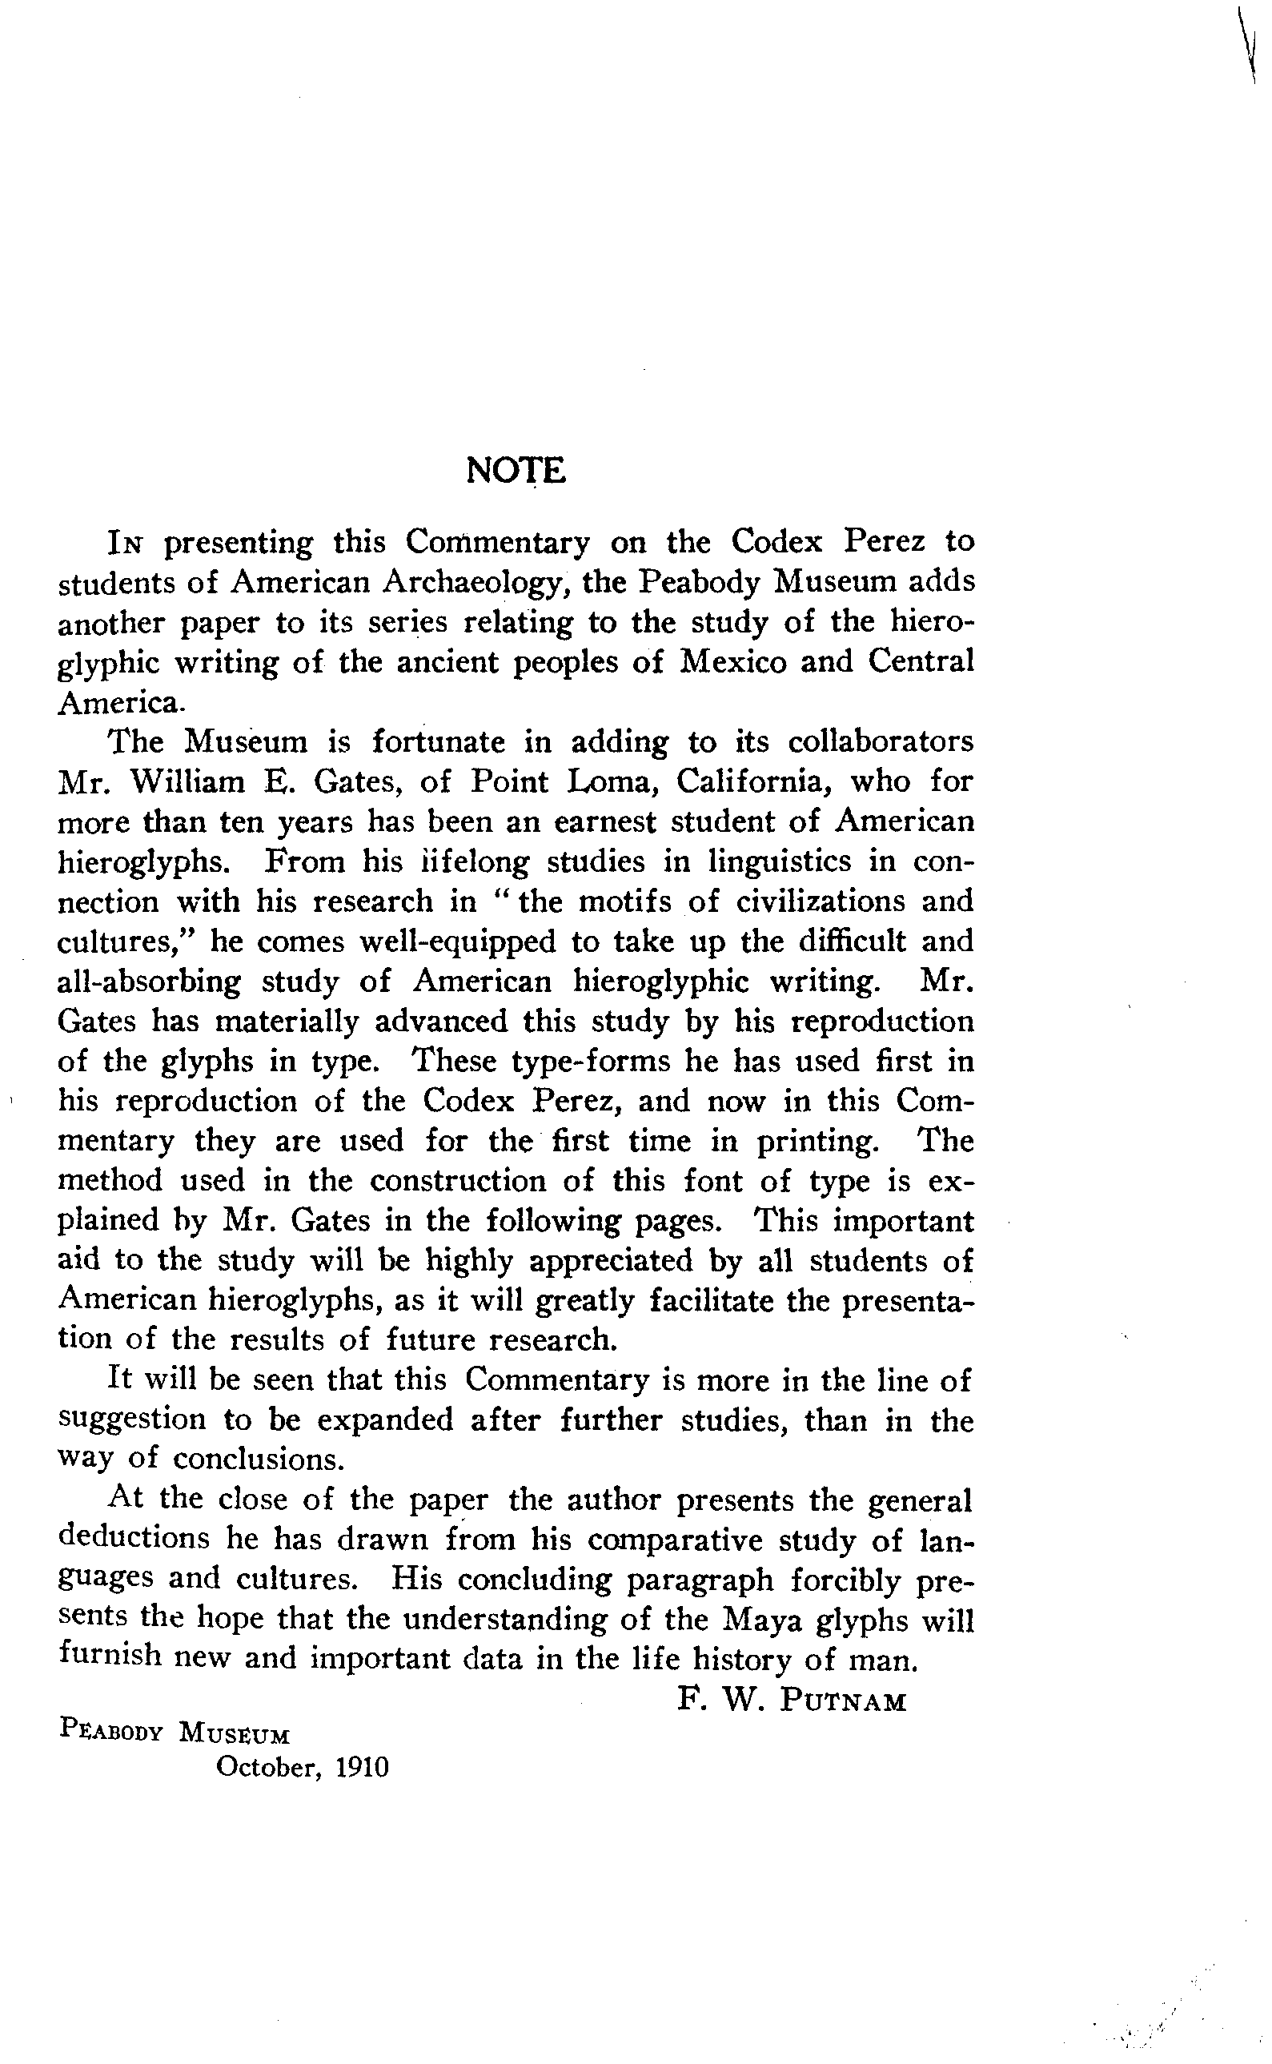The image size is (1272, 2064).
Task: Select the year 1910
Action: click(x=362, y=1767)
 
